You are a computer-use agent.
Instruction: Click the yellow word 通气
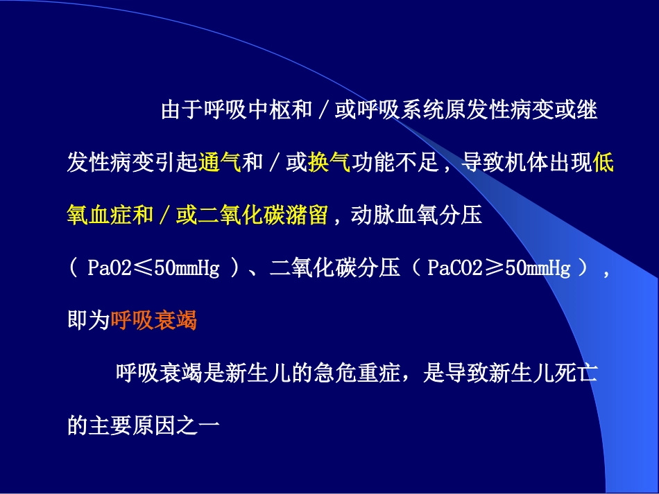pos(219,163)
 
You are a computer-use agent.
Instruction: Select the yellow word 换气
pos(329,163)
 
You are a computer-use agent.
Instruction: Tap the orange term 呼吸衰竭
pos(154,320)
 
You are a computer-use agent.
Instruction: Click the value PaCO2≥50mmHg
pos(499,268)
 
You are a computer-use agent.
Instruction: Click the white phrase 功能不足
pos(394,163)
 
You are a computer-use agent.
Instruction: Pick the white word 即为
pos(89,320)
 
